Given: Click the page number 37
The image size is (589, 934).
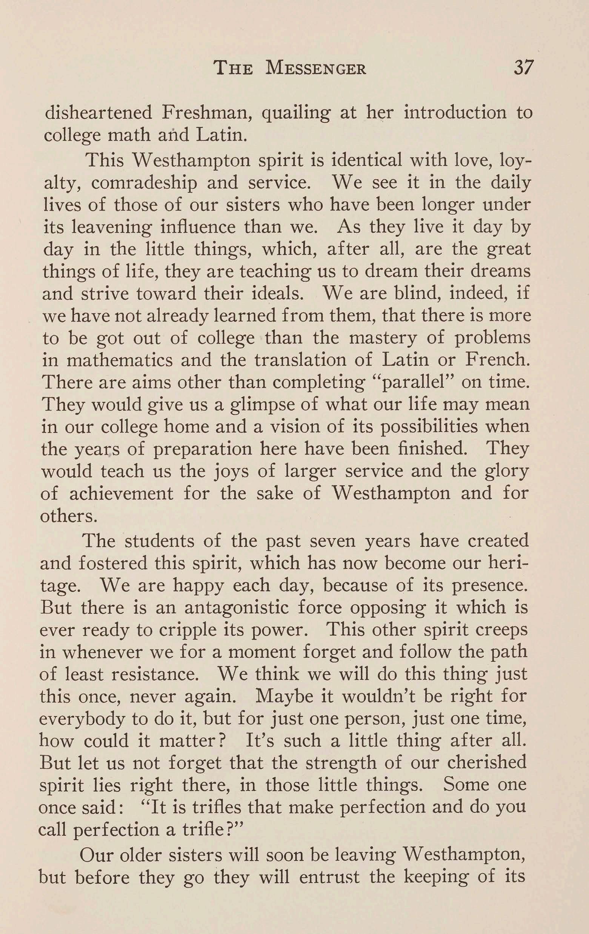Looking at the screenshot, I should pyautogui.click(x=524, y=68).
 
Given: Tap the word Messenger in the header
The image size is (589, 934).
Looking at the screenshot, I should pyautogui.click(x=316, y=68).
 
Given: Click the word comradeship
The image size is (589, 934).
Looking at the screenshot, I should pyautogui.click(x=144, y=183).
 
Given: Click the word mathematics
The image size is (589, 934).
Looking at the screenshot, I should pyautogui.click(x=120, y=360).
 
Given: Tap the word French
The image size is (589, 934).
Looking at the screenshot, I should pyautogui.click(x=497, y=360).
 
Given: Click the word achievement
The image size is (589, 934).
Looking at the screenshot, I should pyautogui.click(x=121, y=494).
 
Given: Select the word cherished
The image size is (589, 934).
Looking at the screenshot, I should pyautogui.click(x=487, y=763).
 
